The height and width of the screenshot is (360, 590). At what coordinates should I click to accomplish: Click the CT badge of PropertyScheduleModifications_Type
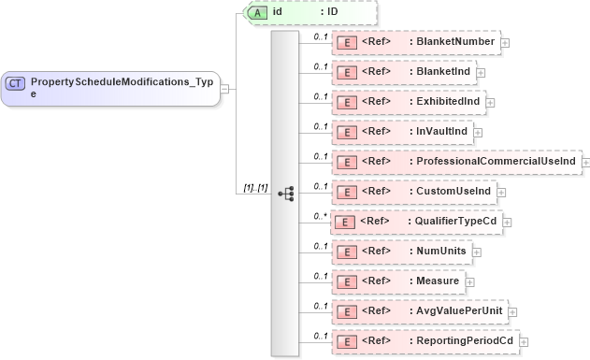[x=16, y=83]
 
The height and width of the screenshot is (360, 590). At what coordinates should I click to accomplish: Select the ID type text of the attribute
[x=331, y=13]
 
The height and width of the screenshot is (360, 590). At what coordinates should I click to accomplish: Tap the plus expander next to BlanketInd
[x=481, y=71]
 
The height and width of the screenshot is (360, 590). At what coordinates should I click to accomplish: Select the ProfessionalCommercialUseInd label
[x=496, y=162]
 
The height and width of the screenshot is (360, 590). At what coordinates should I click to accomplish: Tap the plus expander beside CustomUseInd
[x=501, y=192]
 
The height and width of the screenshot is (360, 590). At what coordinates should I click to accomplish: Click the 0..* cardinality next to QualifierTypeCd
[x=320, y=216]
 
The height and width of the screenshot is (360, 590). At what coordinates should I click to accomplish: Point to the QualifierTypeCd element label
[x=458, y=221]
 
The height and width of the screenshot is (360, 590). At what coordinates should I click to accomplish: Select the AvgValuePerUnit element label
[x=460, y=310]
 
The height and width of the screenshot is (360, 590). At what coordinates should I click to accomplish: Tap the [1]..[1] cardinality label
[x=255, y=188]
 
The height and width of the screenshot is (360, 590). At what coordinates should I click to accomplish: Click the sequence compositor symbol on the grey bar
[x=286, y=194]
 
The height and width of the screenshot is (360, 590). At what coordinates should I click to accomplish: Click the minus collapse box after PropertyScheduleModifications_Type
[x=225, y=89]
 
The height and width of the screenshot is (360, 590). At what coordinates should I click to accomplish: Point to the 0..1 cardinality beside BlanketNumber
[x=320, y=36]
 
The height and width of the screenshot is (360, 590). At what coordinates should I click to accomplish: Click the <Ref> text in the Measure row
[x=376, y=281]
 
